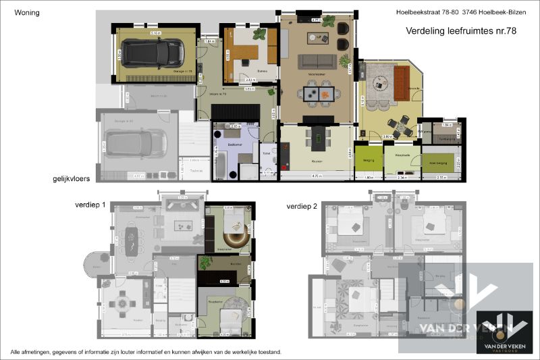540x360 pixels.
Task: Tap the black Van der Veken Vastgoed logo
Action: [x=502, y=332]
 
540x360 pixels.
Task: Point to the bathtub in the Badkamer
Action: [x=220, y=163]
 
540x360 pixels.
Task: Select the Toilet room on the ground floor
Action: [x=268, y=161]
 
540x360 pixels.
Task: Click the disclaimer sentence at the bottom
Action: [x=146, y=353]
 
